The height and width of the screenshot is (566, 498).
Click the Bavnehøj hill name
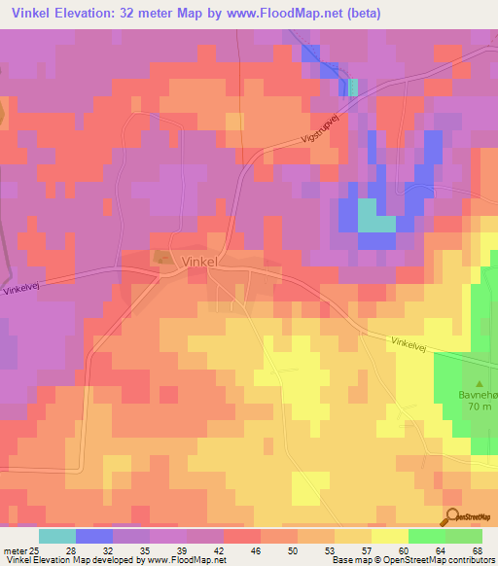tap(478, 395)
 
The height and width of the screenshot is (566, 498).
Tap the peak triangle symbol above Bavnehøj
tap(480, 382)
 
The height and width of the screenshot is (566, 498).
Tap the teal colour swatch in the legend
tap(56, 536)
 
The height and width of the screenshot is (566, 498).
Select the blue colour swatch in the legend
tap(93, 536)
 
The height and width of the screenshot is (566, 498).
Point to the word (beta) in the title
tap(360, 14)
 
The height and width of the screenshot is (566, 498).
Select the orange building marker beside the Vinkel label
tap(160, 257)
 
